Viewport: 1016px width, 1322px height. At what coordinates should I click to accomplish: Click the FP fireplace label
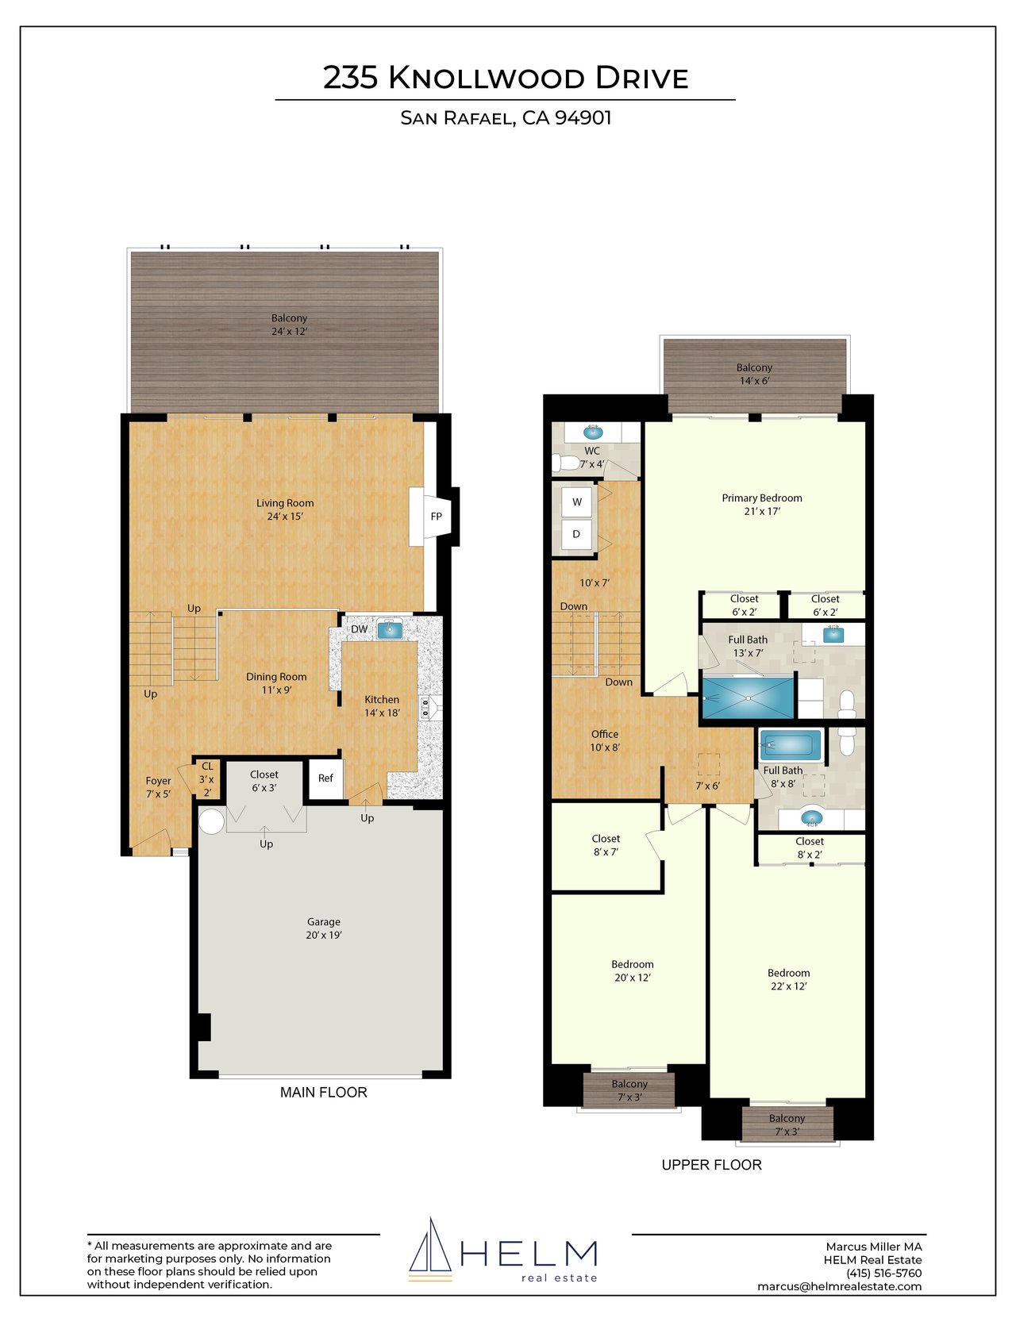(x=436, y=517)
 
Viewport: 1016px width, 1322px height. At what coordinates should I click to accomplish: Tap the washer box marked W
(x=576, y=502)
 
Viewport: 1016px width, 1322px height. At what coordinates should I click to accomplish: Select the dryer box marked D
(x=576, y=534)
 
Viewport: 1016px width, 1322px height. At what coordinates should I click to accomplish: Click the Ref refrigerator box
(x=325, y=778)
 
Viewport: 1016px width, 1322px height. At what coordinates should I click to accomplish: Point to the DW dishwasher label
(x=360, y=629)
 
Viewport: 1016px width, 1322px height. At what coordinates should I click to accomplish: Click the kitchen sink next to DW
(x=389, y=630)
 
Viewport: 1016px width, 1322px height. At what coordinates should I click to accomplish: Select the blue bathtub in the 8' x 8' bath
(x=791, y=745)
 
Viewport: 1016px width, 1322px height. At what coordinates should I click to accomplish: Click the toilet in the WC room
(x=568, y=463)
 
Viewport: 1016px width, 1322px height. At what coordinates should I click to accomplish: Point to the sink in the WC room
(x=593, y=432)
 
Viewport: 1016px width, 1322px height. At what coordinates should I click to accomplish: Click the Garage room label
(x=324, y=928)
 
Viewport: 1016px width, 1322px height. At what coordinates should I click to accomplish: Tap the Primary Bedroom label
(x=762, y=505)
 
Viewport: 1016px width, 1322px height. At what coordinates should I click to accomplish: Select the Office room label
(x=605, y=740)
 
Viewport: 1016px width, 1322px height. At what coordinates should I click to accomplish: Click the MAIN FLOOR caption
(x=324, y=1093)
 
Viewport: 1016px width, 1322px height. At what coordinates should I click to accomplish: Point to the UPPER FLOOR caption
(x=712, y=1165)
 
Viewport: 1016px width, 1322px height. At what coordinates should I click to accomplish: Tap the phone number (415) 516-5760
(x=884, y=1273)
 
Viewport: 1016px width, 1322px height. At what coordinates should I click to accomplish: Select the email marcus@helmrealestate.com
(x=840, y=1286)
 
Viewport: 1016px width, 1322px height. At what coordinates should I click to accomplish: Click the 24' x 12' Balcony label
(x=289, y=325)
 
